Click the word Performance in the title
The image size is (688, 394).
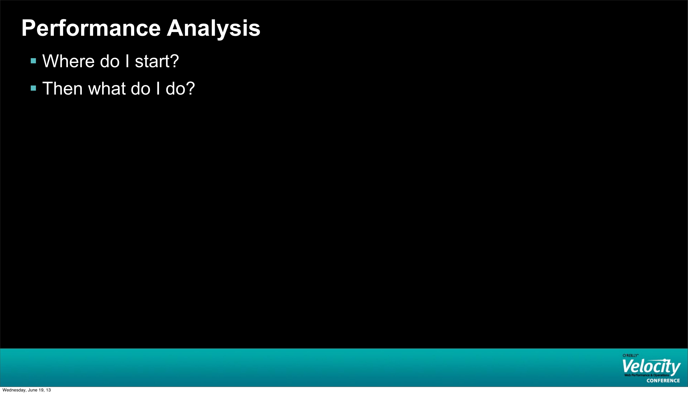tap(91, 28)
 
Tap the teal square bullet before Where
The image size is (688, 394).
tap(34, 61)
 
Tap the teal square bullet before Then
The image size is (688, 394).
tap(34, 88)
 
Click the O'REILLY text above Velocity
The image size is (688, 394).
tap(630, 355)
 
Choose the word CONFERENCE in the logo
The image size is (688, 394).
tap(663, 380)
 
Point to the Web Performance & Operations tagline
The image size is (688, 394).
tap(647, 375)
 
